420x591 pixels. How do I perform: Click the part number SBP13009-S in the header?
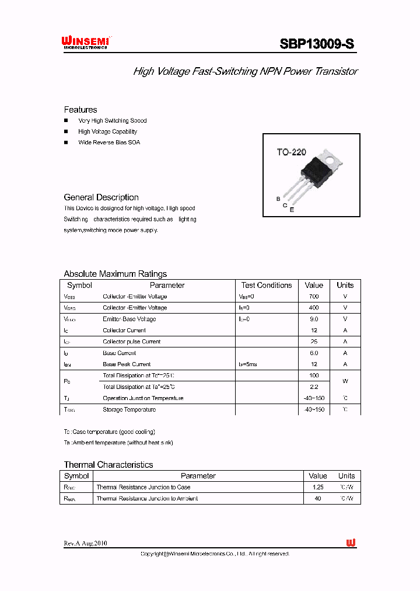[317, 44]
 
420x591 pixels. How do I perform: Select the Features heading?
[80, 110]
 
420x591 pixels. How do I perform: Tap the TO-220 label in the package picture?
[291, 152]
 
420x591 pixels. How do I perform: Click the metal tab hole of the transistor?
[331, 156]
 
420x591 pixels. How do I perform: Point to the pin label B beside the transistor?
[278, 199]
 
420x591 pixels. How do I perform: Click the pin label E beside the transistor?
[292, 210]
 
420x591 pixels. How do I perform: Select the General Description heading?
[101, 197]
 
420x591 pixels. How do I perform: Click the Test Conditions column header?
[267, 286]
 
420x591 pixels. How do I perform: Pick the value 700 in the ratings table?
[314, 297]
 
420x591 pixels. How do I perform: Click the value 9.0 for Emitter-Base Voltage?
[314, 319]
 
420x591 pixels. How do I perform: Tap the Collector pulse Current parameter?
[131, 342]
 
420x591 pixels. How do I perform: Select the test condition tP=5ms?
[248, 364]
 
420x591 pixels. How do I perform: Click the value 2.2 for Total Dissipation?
[314, 387]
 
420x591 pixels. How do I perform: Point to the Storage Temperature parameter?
[129, 409]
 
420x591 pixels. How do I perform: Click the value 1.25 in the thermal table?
[317, 487]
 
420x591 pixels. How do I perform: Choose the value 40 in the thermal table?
[317, 499]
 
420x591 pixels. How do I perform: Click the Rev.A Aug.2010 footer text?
[85, 543]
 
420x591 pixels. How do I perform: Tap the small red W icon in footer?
[351, 543]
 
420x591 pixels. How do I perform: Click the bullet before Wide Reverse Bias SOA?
[66, 142]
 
